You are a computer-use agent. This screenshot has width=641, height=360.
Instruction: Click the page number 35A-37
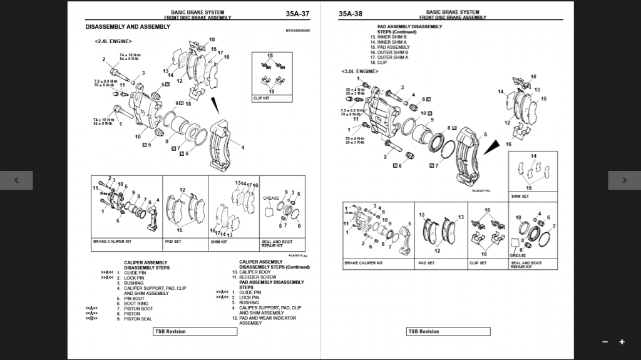pyautogui.click(x=297, y=14)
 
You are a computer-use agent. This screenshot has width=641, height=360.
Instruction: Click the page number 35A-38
pyautogui.click(x=351, y=14)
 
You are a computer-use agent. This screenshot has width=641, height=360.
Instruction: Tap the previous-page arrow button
pyautogui.click(x=16, y=180)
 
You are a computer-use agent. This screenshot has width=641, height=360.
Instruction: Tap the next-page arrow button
pyautogui.click(x=624, y=180)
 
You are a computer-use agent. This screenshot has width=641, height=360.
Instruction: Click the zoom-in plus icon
pyautogui.click(x=622, y=342)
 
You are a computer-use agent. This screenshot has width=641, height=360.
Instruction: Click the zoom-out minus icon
pyautogui.click(x=605, y=342)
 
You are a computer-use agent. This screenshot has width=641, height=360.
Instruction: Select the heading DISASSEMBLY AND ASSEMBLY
pyautogui.click(x=128, y=27)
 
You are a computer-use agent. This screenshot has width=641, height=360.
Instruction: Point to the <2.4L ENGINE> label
pyautogui.click(x=113, y=41)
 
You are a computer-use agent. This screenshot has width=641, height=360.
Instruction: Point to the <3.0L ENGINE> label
pyautogui.click(x=360, y=71)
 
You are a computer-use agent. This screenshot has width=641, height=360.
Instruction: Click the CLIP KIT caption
pyautogui.click(x=262, y=98)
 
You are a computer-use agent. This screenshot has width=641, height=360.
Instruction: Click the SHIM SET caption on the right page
pyautogui.click(x=520, y=196)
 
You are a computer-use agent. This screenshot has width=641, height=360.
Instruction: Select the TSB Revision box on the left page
pyautogui.click(x=195, y=331)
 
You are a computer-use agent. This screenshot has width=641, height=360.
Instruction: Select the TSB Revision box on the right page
pyautogui.click(x=448, y=331)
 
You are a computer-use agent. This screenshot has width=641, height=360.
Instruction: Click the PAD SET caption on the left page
pyautogui.click(x=173, y=241)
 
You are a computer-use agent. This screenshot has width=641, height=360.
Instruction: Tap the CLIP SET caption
pyautogui.click(x=478, y=263)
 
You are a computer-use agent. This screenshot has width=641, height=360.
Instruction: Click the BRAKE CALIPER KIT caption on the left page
pyautogui.click(x=113, y=241)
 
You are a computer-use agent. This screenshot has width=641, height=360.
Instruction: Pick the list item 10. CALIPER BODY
pyautogui.click(x=252, y=272)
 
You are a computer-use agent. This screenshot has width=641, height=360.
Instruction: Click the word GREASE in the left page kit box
pyautogui.click(x=271, y=198)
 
